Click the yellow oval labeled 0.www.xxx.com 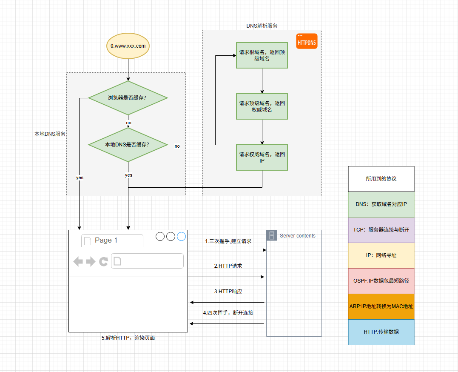128,46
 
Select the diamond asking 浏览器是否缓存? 128,98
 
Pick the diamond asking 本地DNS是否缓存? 128,145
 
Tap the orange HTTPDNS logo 307,41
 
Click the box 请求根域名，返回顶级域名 262,55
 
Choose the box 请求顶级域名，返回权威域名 262,106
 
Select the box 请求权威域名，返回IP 262,157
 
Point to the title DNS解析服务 262,26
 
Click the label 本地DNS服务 50,134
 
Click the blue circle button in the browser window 182,237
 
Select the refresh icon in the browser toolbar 103,261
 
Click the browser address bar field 147,261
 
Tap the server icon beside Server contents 272,235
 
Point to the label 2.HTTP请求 228,266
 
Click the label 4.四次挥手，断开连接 228,312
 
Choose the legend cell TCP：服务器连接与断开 381,230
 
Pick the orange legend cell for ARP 381,306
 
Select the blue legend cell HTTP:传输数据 381,332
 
